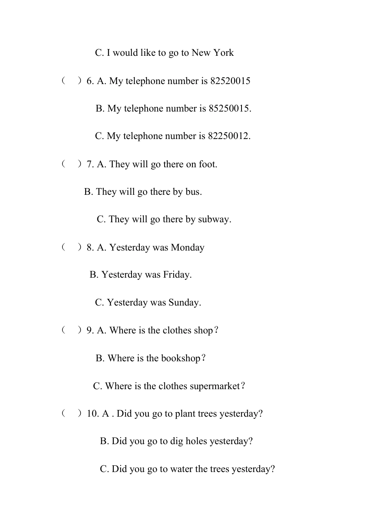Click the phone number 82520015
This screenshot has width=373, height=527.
230,81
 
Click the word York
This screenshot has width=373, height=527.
223,53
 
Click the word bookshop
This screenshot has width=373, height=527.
180,358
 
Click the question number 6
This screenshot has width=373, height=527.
90,81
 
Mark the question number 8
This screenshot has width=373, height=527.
90,247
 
